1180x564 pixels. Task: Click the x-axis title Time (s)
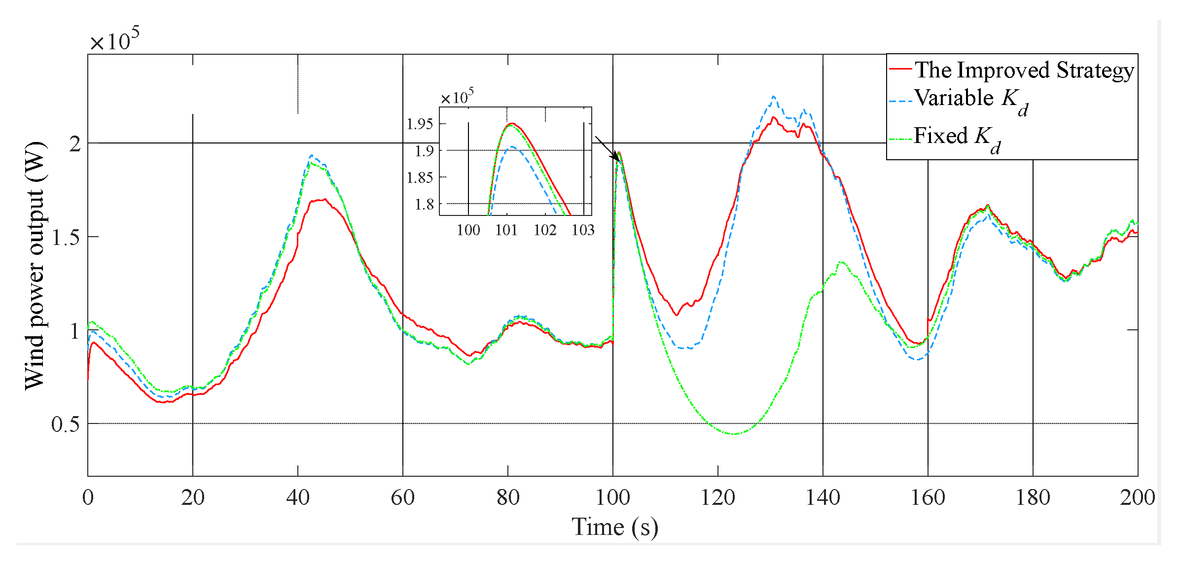[x=614, y=527]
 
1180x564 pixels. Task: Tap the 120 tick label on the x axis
[x=717, y=497]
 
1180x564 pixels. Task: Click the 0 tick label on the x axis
[x=88, y=497]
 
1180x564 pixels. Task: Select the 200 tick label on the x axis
[x=1137, y=497]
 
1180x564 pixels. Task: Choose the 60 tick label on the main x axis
[x=402, y=497]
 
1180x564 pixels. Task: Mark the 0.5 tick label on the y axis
[x=65, y=424]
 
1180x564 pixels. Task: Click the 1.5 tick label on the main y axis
[x=65, y=237]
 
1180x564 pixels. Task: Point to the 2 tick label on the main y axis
[x=74, y=144]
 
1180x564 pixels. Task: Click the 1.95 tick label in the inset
[x=420, y=124]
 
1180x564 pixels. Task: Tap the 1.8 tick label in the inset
[x=424, y=204]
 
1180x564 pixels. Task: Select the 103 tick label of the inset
[x=583, y=230]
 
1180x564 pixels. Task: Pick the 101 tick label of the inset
[x=506, y=230]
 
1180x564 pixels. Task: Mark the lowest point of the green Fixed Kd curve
[x=735, y=434]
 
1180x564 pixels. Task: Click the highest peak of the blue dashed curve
[x=773, y=97]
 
